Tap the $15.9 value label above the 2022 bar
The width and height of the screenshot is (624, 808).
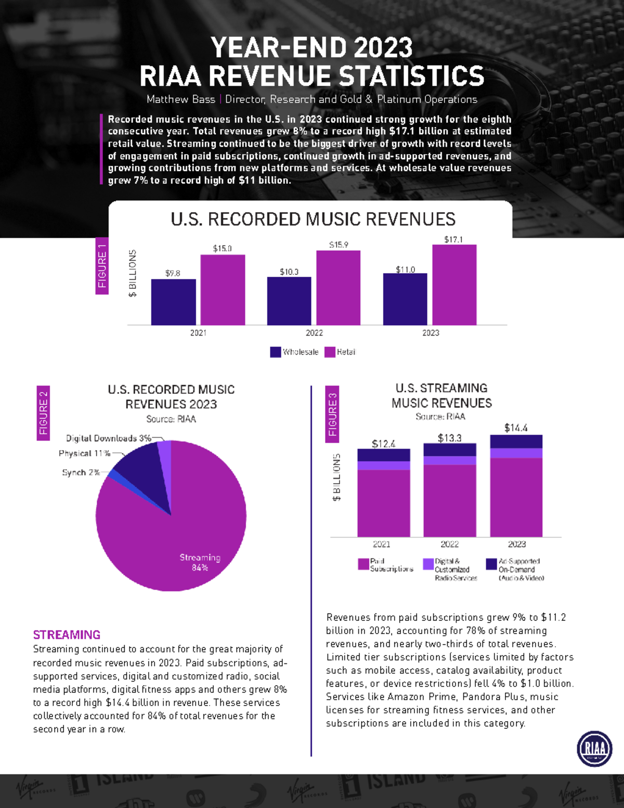pos(339,245)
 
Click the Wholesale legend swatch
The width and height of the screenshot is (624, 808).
pos(276,352)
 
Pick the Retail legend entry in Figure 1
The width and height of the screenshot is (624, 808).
pos(340,352)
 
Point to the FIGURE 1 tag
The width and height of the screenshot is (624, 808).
pos(102,266)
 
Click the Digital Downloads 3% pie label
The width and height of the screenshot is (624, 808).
pos(108,438)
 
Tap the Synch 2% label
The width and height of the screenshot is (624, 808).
pos(81,472)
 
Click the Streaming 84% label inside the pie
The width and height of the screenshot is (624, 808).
pos(200,562)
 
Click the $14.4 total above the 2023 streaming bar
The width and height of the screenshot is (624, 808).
pos(516,428)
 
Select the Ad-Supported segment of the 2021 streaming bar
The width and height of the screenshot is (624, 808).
pos(383,455)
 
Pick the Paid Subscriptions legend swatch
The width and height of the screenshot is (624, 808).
pos(363,564)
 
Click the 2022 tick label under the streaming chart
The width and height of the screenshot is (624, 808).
pos(450,544)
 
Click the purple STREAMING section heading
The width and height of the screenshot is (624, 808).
pos(67,635)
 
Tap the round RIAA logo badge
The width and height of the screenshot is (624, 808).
pos(594,749)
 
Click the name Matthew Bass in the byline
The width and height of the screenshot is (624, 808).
pos(180,99)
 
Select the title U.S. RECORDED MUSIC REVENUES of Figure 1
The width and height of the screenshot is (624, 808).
pos(313,219)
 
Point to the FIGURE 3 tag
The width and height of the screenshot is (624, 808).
pos(332,414)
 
